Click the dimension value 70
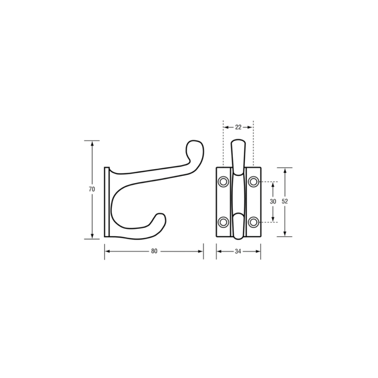pos(92,189)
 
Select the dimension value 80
pos(154,251)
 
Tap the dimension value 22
pos(238,127)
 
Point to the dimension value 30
pos(273,202)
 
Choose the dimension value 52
pos(285,201)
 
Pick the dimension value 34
pos(238,251)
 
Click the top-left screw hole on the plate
pos(223,182)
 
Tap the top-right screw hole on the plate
pos(254,182)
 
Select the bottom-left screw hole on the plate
pos(223,222)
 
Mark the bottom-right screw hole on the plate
pos(254,222)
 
